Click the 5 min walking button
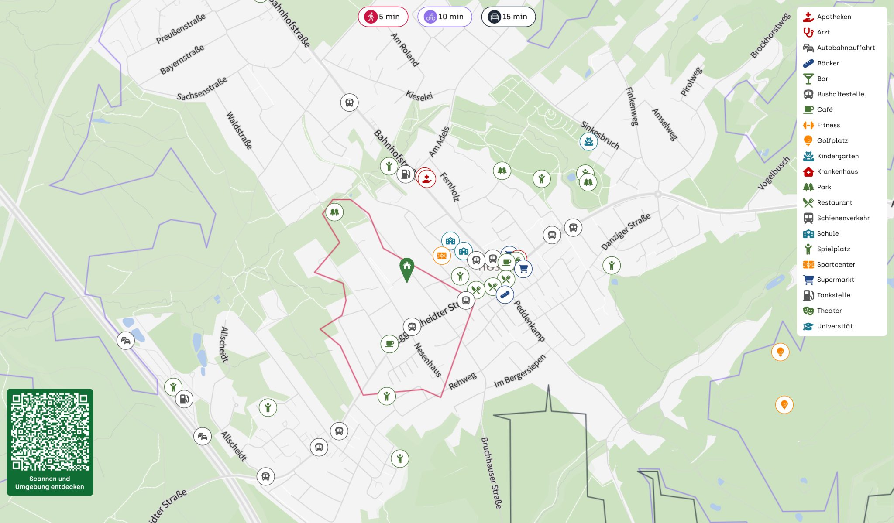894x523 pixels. pyautogui.click(x=383, y=17)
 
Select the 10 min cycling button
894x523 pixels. pyautogui.click(x=444, y=17)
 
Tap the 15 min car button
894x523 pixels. pyautogui.click(x=508, y=17)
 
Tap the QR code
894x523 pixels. pyautogui.click(x=50, y=432)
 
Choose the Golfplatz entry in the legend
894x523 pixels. pyautogui.click(x=832, y=140)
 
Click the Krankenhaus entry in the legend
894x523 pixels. pyautogui.click(x=837, y=171)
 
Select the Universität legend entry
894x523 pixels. pyautogui.click(x=834, y=326)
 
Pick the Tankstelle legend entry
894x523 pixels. pyautogui.click(x=833, y=295)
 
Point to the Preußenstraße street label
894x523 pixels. pyautogui.click(x=181, y=28)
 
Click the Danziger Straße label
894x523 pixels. pyautogui.click(x=626, y=231)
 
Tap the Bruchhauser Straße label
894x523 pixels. pyautogui.click(x=491, y=473)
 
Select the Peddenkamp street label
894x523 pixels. pyautogui.click(x=529, y=321)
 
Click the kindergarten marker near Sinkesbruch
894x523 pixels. pyautogui.click(x=588, y=141)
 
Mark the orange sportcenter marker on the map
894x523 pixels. pyautogui.click(x=441, y=256)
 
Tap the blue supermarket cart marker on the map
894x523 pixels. pyautogui.click(x=523, y=269)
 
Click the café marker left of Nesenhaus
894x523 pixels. pyautogui.click(x=389, y=344)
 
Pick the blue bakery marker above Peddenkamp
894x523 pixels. pyautogui.click(x=505, y=295)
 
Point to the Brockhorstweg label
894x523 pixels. pyautogui.click(x=770, y=36)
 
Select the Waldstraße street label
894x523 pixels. pyautogui.click(x=239, y=130)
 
